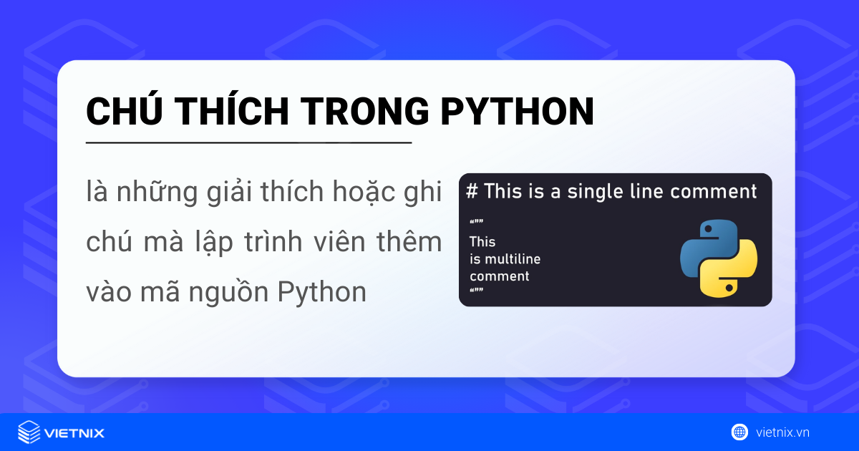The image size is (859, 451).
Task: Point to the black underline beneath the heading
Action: point(248,143)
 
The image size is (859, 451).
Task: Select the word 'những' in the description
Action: point(156,194)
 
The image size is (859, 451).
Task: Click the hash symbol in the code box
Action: point(471,191)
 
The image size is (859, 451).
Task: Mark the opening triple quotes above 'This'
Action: point(476,222)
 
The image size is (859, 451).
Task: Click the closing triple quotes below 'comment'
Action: point(476,291)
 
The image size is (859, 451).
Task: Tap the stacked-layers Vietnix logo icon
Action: point(29,432)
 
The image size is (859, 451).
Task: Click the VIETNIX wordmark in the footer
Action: point(74,433)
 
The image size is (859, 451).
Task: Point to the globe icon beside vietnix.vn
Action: point(739,432)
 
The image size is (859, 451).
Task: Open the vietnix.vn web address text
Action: point(782,432)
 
